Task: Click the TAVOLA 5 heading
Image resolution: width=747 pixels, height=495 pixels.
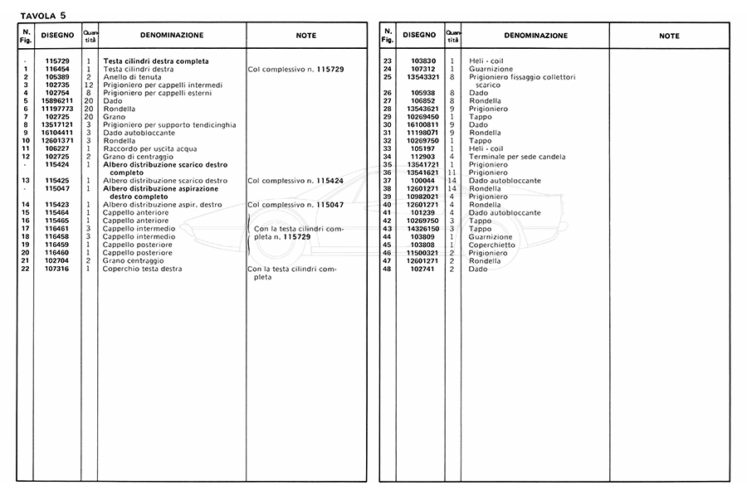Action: [42, 14]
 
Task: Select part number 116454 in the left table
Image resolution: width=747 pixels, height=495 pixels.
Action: [57, 69]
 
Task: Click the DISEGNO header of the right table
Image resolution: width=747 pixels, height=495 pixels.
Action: [418, 35]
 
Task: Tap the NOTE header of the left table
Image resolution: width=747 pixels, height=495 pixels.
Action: [306, 36]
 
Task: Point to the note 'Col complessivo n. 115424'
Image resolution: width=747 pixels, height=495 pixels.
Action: [295, 180]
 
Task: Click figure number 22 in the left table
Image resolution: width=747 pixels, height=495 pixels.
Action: [26, 268]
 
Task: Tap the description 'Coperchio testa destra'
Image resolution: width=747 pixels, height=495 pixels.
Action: [142, 268]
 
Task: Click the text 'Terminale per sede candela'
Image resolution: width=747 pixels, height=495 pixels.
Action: [518, 157]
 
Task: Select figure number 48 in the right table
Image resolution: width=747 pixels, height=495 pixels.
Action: [387, 268]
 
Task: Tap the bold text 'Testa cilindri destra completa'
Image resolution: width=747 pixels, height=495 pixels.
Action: [155, 61]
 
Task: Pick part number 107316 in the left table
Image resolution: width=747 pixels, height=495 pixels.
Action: [57, 268]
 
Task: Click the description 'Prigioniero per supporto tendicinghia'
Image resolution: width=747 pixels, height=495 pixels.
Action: [169, 124]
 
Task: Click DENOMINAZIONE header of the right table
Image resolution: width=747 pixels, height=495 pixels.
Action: [535, 36]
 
